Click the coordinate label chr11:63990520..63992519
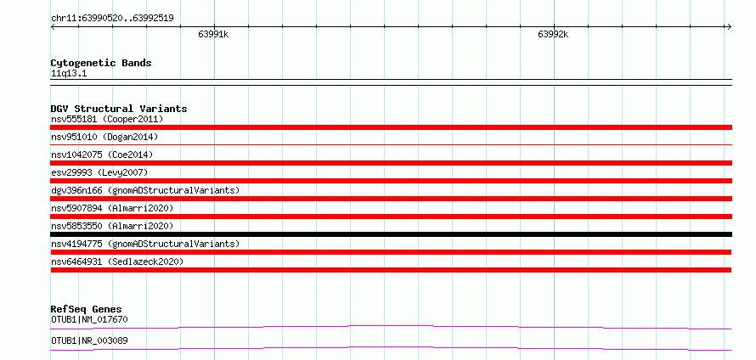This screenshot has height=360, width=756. [x=112, y=19]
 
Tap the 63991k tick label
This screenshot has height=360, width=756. [x=213, y=34]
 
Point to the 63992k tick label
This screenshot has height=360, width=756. [x=553, y=34]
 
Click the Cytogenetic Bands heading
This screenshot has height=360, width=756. [x=101, y=63]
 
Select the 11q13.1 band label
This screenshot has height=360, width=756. [x=69, y=74]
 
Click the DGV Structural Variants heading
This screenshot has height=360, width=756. [x=119, y=109]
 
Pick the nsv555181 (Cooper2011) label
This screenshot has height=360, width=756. [x=107, y=119]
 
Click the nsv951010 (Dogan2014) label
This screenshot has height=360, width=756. [x=104, y=137]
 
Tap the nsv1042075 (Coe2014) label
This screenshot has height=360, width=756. [x=102, y=155]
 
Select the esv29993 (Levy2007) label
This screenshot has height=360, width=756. [x=99, y=172]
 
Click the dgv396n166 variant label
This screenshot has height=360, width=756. [x=145, y=190]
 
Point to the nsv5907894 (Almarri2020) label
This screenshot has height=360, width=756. [x=112, y=208]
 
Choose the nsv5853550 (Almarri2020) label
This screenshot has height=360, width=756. [x=112, y=226]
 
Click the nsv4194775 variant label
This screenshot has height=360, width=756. [x=145, y=244]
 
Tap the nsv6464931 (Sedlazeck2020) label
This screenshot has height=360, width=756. [x=117, y=262]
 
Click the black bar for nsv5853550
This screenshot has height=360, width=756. [x=391, y=234]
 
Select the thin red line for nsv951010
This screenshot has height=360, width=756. [x=391, y=144]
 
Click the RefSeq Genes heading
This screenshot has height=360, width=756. [x=87, y=309]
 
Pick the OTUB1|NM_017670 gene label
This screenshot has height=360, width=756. [x=89, y=319]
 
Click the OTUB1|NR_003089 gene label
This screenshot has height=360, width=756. [x=89, y=341]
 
